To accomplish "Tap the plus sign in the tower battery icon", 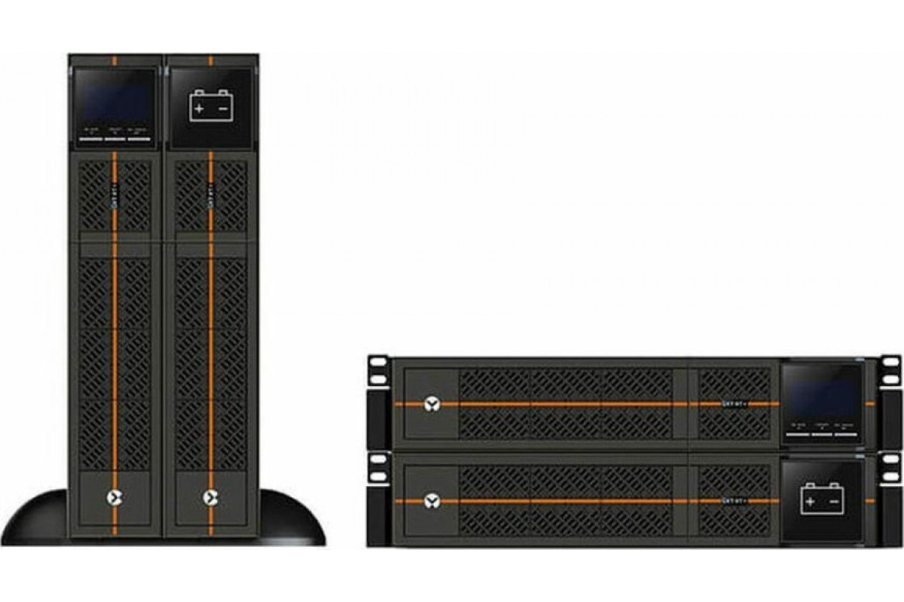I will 199,109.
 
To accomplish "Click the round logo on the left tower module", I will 115,497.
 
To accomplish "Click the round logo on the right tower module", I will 210,497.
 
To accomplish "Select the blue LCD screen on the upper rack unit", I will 820,397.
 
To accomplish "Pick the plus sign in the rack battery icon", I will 810,501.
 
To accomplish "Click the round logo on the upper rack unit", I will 431,404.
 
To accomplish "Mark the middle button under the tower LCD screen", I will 115,132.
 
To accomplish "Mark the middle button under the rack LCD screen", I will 820,427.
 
